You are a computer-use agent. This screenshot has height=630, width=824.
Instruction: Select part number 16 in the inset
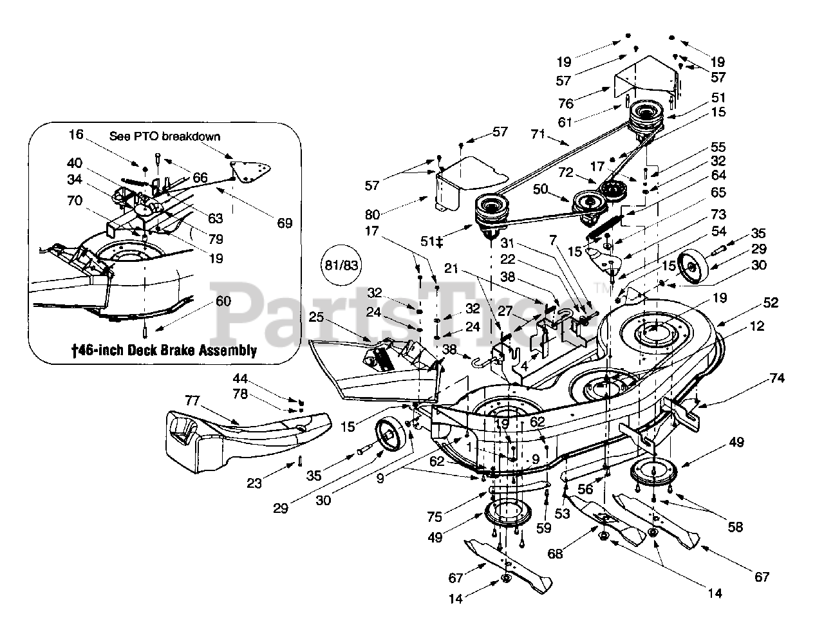pyautogui.click(x=77, y=134)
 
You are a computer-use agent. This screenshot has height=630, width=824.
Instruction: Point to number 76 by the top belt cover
pyautogui.click(x=566, y=103)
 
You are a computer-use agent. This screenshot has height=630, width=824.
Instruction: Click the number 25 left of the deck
pyautogui.click(x=315, y=317)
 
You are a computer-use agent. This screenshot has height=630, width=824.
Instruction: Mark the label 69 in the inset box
pyautogui.click(x=285, y=223)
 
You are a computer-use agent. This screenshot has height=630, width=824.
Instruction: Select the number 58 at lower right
pyautogui.click(x=735, y=527)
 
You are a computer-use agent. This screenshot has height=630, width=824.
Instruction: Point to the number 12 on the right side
pyautogui.click(x=757, y=327)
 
